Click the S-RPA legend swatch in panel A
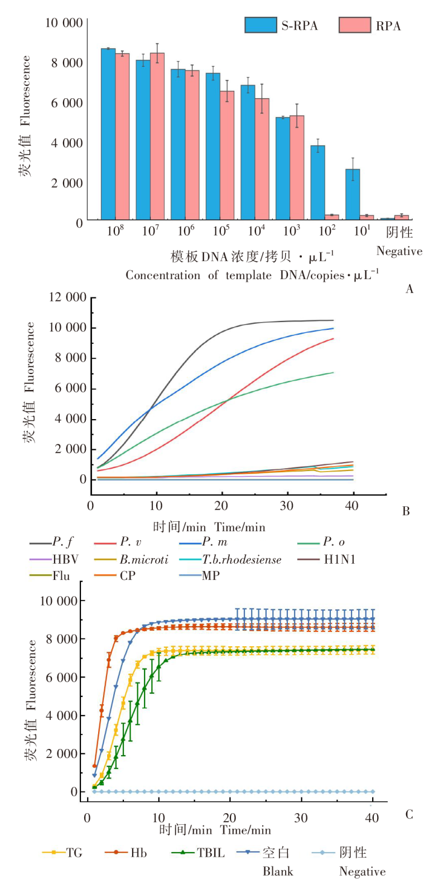pos(261,25)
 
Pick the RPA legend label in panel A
pos(388,26)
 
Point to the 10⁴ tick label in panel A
pos(257,230)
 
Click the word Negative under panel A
pos(399,251)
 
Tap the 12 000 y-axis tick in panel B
pos(68,297)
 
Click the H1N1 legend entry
pos(340,559)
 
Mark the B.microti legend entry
pos(143,559)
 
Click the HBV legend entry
pos(65,559)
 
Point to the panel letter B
pos(406,511)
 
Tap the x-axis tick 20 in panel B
pos(221,506)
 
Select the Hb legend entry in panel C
pos(138,853)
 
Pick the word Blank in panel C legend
pos(278,871)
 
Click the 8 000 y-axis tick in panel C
pos(62,639)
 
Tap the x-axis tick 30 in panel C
pos(301,818)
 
